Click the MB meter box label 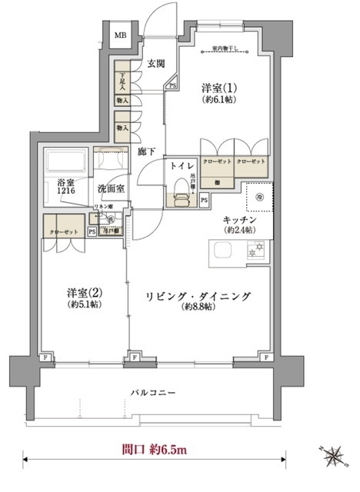point(121,35)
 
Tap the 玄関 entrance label point(156,64)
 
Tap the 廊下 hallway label point(147,151)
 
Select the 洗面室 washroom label point(112,188)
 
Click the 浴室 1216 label point(65,188)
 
